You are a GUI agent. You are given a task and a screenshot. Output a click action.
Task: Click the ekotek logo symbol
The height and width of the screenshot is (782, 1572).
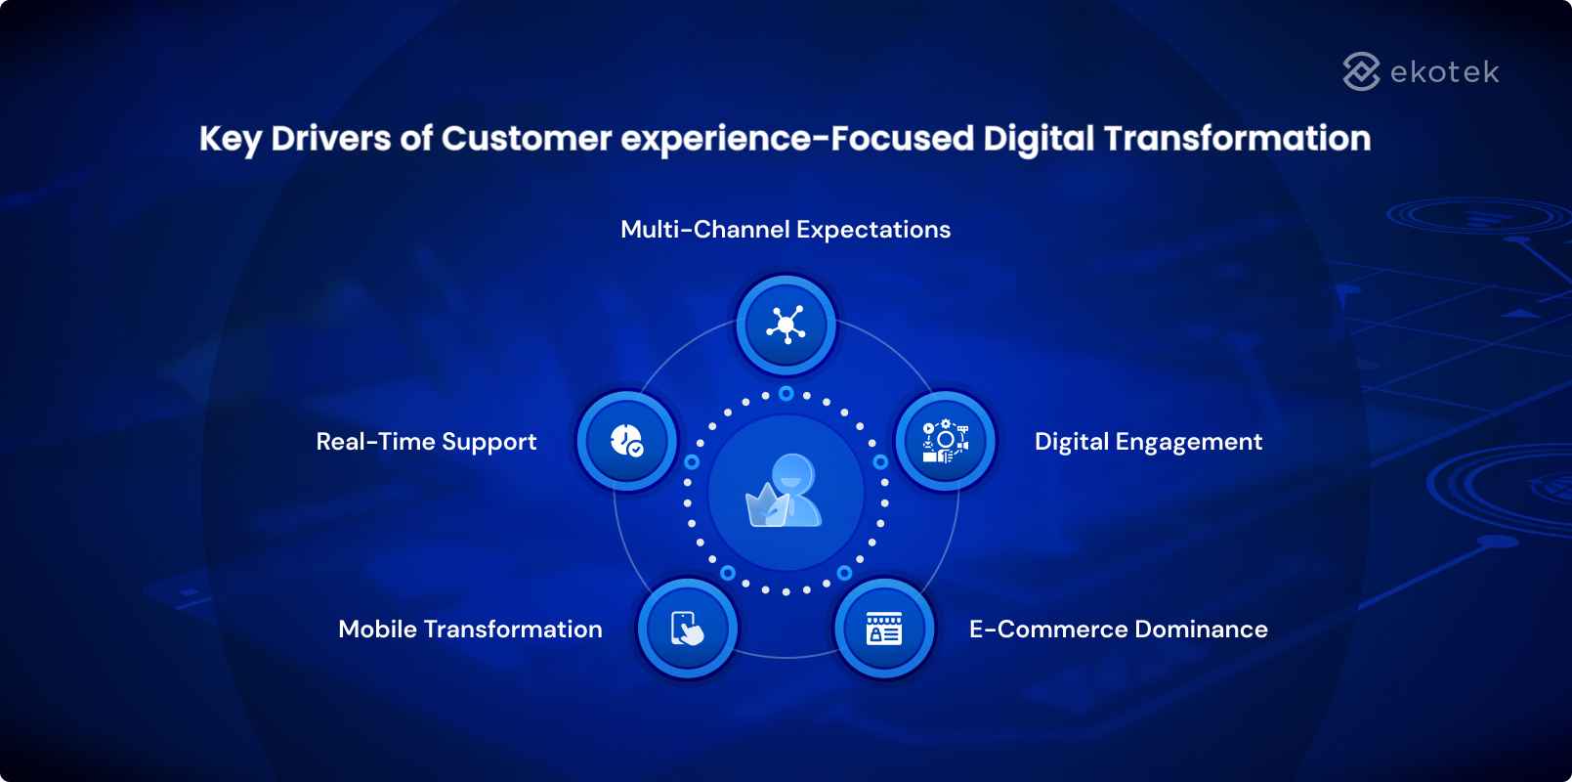pyautogui.click(x=1361, y=71)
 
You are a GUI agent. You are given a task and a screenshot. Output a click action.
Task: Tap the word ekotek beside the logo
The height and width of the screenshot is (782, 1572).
pyautogui.click(x=1444, y=72)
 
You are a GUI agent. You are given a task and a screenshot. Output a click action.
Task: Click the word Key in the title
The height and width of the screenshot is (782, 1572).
pyautogui.click(x=230, y=139)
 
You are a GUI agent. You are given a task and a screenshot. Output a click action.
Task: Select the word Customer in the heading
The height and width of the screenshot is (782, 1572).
pyautogui.click(x=527, y=139)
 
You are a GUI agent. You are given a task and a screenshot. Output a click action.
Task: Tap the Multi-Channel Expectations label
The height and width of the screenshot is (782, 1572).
pyautogui.click(x=786, y=230)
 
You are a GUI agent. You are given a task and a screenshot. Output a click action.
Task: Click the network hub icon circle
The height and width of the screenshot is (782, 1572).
pyautogui.click(x=786, y=325)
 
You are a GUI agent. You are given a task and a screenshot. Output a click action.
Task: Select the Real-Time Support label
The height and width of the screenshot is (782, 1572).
pyautogui.click(x=426, y=442)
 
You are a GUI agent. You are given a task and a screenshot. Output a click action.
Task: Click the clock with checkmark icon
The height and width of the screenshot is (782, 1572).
pyautogui.click(x=626, y=441)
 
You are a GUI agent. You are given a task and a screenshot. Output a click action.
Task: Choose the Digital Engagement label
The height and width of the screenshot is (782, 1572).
pyautogui.click(x=1148, y=442)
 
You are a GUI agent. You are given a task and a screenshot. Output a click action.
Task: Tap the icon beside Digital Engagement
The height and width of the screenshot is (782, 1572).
pyautogui.click(x=945, y=441)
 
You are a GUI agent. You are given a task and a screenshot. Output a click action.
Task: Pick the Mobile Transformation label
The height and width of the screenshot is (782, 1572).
pyautogui.click(x=470, y=630)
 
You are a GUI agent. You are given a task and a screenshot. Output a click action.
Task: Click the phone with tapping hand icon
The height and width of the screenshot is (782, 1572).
pyautogui.click(x=688, y=628)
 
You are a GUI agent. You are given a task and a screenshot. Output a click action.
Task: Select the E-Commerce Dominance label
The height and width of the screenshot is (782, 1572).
pyautogui.click(x=1118, y=630)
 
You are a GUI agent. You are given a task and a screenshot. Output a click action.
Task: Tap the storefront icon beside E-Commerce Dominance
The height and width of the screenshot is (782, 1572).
pyautogui.click(x=884, y=628)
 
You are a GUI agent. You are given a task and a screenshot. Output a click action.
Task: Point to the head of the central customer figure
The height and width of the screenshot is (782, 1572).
pyautogui.click(x=791, y=475)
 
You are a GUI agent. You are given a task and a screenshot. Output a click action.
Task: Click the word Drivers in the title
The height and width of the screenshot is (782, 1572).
pyautogui.click(x=331, y=139)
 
